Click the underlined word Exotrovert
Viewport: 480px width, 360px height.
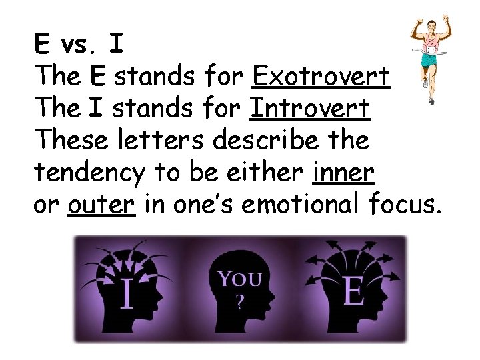(x=321, y=77)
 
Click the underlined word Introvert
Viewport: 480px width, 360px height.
(x=309, y=109)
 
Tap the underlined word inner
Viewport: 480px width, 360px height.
(x=343, y=172)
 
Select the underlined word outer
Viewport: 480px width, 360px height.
(x=101, y=204)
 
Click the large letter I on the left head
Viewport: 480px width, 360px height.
(x=126, y=293)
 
